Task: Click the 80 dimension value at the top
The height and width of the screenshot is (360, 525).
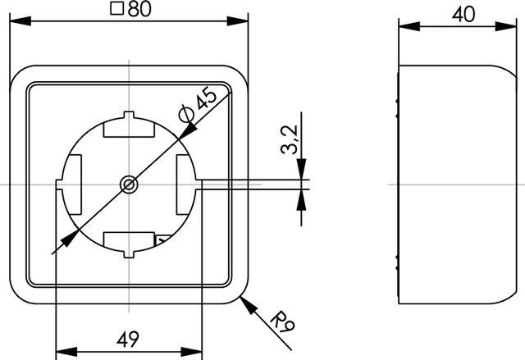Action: pos(135,9)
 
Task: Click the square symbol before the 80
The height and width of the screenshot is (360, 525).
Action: pos(116,9)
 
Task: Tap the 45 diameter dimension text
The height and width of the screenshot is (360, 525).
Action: pos(206,98)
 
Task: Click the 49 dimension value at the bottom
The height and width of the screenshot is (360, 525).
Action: pos(128,338)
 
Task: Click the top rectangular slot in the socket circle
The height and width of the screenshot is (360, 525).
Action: pos(128,128)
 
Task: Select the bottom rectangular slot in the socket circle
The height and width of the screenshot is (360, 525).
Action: pos(128,242)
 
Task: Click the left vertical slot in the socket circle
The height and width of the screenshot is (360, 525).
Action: pos(72,185)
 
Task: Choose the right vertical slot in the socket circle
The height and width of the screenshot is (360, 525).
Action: pos(184,185)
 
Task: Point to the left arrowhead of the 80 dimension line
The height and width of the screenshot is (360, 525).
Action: pos(16,22)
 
